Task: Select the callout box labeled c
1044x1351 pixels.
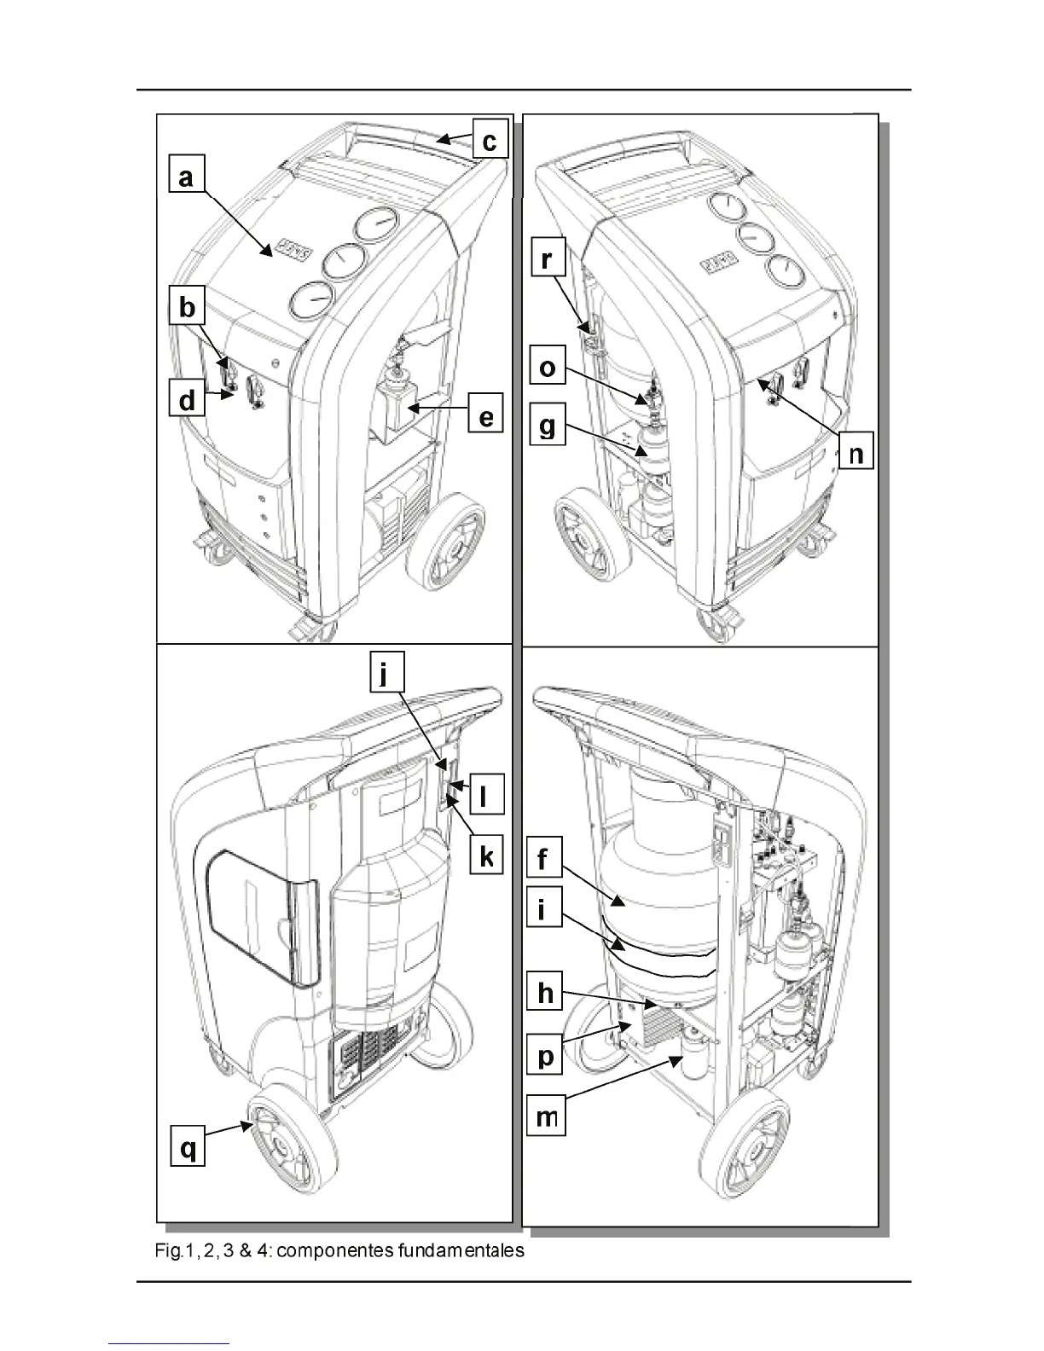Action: tap(489, 140)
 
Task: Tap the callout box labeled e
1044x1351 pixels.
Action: tap(485, 418)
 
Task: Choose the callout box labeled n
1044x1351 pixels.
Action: tap(856, 453)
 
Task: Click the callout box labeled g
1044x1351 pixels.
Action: tap(547, 426)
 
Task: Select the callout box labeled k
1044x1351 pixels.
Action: tap(486, 855)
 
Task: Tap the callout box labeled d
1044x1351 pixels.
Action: tap(187, 400)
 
